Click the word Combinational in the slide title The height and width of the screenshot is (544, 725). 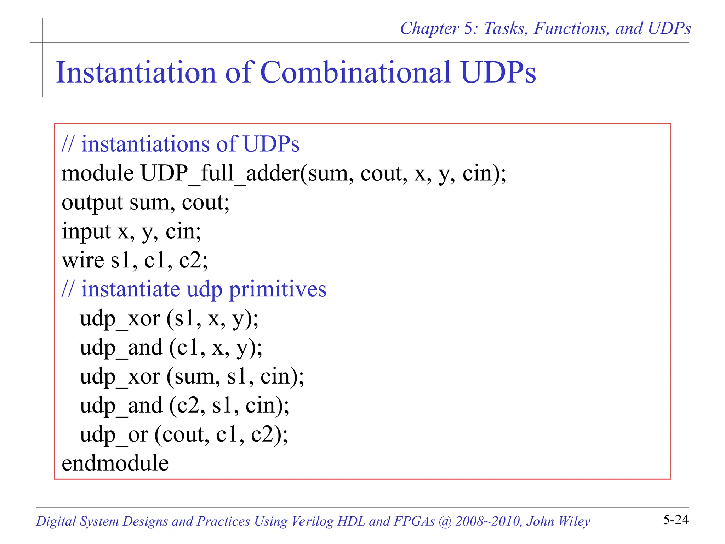pyautogui.click(x=355, y=72)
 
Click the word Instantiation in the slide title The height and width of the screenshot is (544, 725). pyautogui.click(x=136, y=72)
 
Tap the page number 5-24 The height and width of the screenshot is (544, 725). pyautogui.click(x=676, y=520)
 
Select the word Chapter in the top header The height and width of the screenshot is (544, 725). pyautogui.click(x=429, y=28)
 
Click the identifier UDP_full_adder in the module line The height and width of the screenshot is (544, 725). pyautogui.click(x=220, y=174)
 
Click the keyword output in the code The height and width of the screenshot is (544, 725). pyautogui.click(x=92, y=203)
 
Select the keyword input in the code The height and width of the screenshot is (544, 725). pyautogui.click(x=86, y=232)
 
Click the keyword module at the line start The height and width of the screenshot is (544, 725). pyautogui.click(x=98, y=174)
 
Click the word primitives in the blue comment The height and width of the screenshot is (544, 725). pyautogui.click(x=278, y=289)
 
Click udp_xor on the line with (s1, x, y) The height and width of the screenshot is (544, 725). pyautogui.click(x=120, y=318)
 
